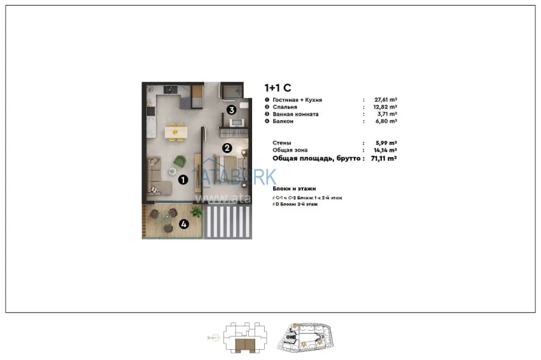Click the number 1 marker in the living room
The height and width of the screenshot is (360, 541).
click(183, 180)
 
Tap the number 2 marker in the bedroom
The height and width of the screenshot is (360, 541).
click(227, 148)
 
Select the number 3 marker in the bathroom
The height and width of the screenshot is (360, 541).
click(232, 109)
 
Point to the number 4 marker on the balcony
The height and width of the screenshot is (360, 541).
click(184, 223)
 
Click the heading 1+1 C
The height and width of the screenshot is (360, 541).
click(278, 88)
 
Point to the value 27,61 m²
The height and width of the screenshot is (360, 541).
click(386, 100)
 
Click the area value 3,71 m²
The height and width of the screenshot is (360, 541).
click(387, 114)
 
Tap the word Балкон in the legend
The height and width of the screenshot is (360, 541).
click(283, 121)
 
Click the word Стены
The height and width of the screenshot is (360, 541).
click(282, 143)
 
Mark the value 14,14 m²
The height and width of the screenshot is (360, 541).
click(386, 150)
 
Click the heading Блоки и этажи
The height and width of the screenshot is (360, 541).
click(294, 189)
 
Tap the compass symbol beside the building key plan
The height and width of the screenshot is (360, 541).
click(209, 338)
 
